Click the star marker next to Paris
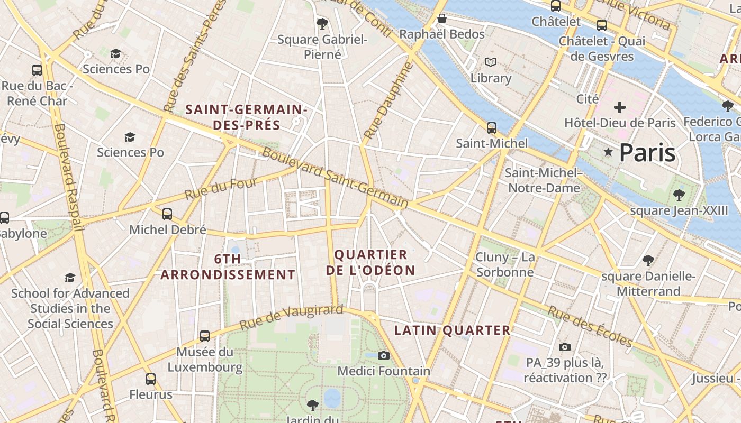point(609,152)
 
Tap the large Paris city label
point(647,153)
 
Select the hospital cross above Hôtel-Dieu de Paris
point(619,107)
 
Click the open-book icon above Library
point(491,62)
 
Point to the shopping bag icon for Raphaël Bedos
point(442,19)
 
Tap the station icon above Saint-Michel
point(492,128)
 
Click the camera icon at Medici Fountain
point(384,355)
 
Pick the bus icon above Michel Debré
point(167,214)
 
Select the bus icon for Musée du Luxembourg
point(205,336)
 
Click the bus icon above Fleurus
point(151,379)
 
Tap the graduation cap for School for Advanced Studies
point(70,278)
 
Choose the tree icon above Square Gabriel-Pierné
point(322,23)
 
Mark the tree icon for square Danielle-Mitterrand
point(648,260)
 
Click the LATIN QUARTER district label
point(453,330)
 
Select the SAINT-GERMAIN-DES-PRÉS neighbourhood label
point(247,117)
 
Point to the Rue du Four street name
point(221,189)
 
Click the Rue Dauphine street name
point(388,100)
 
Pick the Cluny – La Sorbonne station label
point(505,264)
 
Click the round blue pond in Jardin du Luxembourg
point(332,398)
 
